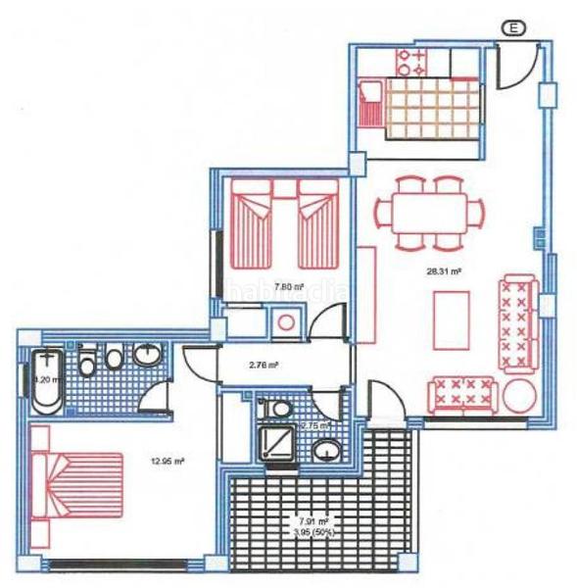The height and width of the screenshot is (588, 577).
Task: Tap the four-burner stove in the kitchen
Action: coord(410,61)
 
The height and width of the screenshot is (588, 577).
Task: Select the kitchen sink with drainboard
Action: coord(370,101)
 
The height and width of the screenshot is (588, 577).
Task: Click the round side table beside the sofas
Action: coord(518,397)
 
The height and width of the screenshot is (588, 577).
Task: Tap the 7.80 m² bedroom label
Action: coord(288,287)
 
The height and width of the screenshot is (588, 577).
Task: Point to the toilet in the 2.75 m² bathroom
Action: coord(280,406)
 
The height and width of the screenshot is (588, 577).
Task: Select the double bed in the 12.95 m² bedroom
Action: coord(78,485)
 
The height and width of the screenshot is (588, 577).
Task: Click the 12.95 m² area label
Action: coord(142,459)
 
